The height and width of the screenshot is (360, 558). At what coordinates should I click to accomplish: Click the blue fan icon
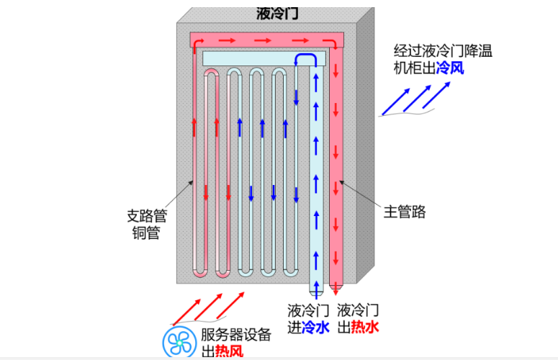point(179,342)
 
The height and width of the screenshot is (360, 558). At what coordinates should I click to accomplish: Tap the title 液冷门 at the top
point(277,14)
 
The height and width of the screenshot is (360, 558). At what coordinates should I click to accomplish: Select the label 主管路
point(405,212)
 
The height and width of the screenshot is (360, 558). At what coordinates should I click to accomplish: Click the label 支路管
point(147,216)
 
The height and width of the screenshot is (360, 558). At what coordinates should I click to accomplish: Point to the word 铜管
point(146,233)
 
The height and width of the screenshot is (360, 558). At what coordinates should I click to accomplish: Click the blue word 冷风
point(450,67)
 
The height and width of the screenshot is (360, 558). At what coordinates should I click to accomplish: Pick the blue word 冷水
point(315,328)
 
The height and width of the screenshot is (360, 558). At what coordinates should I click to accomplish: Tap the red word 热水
point(365,328)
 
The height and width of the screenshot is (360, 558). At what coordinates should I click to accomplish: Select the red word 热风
point(229,351)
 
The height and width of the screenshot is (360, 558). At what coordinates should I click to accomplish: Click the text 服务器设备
point(236,334)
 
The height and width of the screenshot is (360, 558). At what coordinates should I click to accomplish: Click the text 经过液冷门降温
point(443,51)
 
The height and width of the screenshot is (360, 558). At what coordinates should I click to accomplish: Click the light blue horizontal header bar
point(264,58)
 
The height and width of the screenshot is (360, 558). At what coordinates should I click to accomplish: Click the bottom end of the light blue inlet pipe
point(316,293)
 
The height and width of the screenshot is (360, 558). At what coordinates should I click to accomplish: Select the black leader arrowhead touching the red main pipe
point(341,182)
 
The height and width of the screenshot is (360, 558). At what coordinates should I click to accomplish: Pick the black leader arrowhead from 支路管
point(190,183)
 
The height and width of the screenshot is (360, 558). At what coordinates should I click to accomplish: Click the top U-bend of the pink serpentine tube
point(212,72)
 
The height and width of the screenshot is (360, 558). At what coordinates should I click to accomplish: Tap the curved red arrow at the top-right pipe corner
point(333,43)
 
